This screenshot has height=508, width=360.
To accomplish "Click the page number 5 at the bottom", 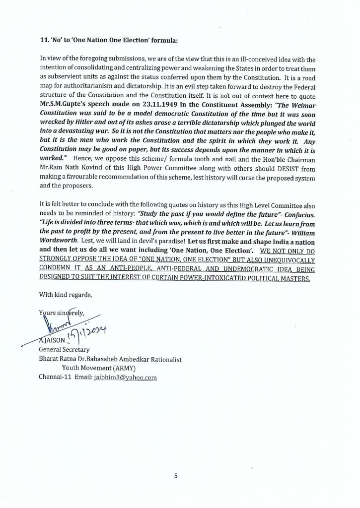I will click(175, 476).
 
